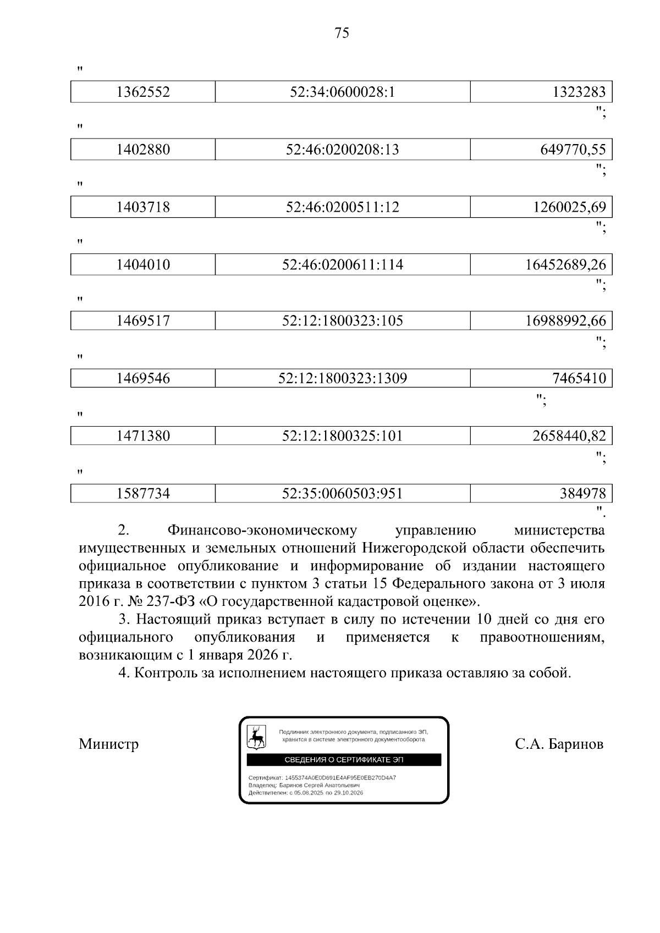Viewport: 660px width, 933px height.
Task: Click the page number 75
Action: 342,34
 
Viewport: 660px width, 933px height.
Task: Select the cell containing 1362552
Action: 143,92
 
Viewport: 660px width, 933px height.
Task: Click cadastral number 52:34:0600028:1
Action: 342,92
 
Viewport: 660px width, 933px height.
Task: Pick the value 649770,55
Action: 571,150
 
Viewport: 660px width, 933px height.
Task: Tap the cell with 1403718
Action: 143,207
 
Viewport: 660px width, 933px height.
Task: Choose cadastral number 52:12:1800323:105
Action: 342,321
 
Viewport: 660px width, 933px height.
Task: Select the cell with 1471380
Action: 143,437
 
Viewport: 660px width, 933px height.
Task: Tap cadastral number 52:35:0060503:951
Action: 342,494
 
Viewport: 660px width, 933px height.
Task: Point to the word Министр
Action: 108,744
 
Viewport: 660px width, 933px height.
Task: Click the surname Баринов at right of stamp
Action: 575,744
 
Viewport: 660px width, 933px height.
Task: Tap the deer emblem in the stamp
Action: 256,737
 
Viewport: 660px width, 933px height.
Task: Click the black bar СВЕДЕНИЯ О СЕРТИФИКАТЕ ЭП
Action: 343,760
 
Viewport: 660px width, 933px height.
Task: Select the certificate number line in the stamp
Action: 322,778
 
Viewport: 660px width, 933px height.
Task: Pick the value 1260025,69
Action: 569,207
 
